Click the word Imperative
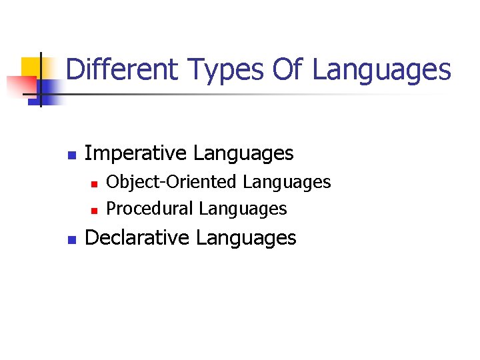[135, 153]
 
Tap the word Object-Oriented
[171, 181]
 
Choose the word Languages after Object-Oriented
[287, 182]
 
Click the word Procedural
[150, 209]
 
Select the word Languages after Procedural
[243, 209]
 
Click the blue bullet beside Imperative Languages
[71, 155]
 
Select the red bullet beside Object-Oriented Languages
[94, 183]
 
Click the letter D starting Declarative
[92, 238]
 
